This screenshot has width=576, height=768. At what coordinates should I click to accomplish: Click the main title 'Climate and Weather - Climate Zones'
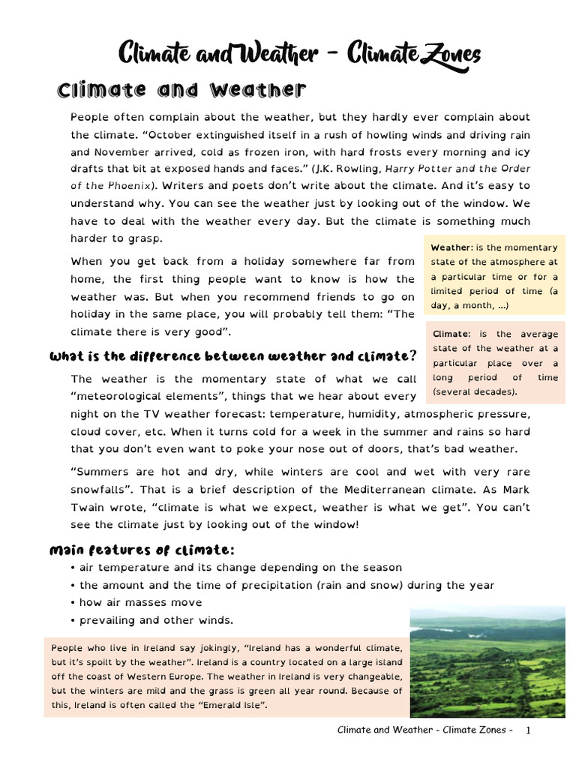[299, 55]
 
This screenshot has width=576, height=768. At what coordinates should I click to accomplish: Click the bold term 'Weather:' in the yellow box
[451, 247]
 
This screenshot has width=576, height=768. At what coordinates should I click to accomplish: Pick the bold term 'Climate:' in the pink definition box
[451, 334]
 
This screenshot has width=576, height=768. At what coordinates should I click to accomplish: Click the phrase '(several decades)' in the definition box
[474, 392]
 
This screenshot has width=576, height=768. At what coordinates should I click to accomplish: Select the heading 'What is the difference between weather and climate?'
[232, 355]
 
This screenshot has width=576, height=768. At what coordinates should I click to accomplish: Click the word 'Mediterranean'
[371, 490]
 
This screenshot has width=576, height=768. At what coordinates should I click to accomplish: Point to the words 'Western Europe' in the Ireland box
[156, 676]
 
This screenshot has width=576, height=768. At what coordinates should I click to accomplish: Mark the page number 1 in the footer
[529, 730]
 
